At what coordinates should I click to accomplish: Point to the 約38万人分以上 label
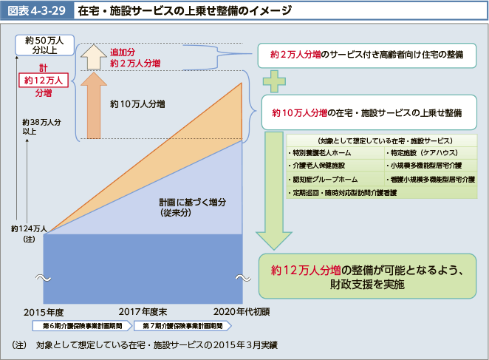point(41,126)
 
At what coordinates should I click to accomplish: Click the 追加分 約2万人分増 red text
point(134,58)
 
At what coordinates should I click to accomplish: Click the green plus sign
point(275,79)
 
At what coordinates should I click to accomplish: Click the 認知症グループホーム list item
point(318,180)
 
